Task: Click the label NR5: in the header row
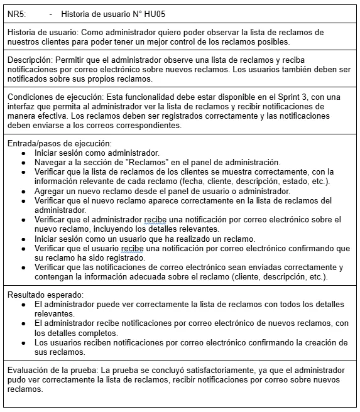point(16,13)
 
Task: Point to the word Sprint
point(252,97)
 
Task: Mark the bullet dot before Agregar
point(24,191)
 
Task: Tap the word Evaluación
point(29,371)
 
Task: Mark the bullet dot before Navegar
point(24,162)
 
